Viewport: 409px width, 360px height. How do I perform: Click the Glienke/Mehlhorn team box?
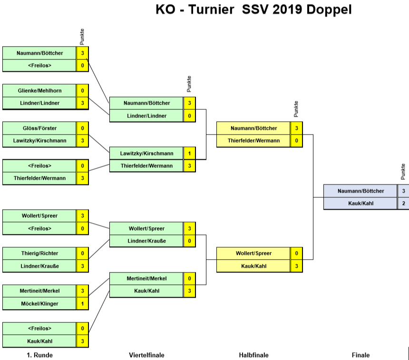pos(39,90)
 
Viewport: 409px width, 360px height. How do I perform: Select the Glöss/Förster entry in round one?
pos(39,128)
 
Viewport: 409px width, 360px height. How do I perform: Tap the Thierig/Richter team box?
pos(39,253)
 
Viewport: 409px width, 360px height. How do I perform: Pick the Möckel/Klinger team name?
pos(39,303)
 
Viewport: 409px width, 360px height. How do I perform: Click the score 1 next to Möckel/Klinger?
pos(82,303)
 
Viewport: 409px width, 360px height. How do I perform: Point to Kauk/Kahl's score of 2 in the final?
pos(403,203)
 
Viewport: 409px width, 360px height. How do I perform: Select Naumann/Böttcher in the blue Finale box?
pos(360,191)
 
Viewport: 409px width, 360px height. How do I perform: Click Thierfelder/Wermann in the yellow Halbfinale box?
pos(253,141)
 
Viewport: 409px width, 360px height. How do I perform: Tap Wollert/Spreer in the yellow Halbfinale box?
pos(253,253)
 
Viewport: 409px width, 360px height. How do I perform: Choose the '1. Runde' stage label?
pos(39,355)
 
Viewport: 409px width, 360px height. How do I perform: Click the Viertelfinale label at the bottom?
pos(146,355)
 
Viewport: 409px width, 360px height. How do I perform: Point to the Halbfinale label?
pos(253,355)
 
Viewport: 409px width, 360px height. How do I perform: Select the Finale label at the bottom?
pos(360,355)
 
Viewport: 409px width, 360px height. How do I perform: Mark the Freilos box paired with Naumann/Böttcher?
pos(39,66)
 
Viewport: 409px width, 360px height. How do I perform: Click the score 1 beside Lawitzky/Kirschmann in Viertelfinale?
pos(189,154)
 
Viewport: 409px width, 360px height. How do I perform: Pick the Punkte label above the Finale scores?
pos(403,172)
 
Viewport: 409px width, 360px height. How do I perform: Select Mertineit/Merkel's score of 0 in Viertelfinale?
pos(189,278)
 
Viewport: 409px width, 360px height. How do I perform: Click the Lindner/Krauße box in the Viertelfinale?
pos(146,241)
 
